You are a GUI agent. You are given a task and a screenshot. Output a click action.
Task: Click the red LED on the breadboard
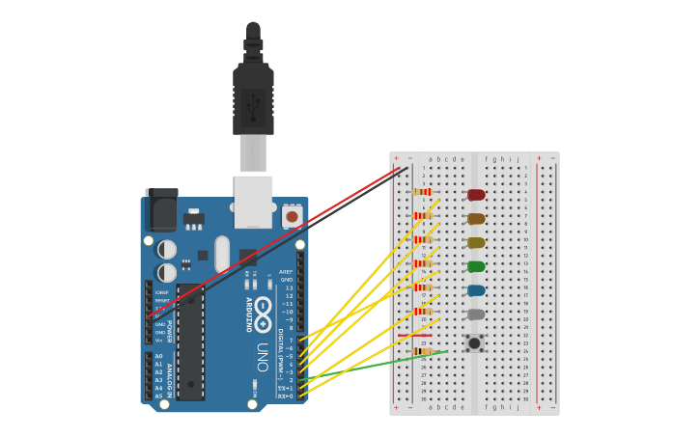(476, 195)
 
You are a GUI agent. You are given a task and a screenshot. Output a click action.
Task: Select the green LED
(476, 266)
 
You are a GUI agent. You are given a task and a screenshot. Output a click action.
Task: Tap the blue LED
(476, 290)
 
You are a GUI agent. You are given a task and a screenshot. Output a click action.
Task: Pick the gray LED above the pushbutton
(476, 314)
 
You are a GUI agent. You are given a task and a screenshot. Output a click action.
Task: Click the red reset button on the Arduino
(292, 217)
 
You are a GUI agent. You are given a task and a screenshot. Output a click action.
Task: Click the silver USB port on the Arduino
(253, 202)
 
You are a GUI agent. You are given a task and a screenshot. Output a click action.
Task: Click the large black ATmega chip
(190, 342)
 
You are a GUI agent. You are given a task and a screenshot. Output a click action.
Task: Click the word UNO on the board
(262, 358)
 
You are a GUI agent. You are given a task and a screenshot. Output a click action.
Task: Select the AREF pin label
(286, 272)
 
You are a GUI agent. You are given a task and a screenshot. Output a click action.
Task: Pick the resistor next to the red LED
(421, 192)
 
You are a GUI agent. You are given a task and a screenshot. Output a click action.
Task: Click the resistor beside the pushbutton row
(421, 351)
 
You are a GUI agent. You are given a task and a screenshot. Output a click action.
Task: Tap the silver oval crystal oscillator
(223, 254)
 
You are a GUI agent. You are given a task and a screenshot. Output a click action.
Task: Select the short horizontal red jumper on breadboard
(414, 336)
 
